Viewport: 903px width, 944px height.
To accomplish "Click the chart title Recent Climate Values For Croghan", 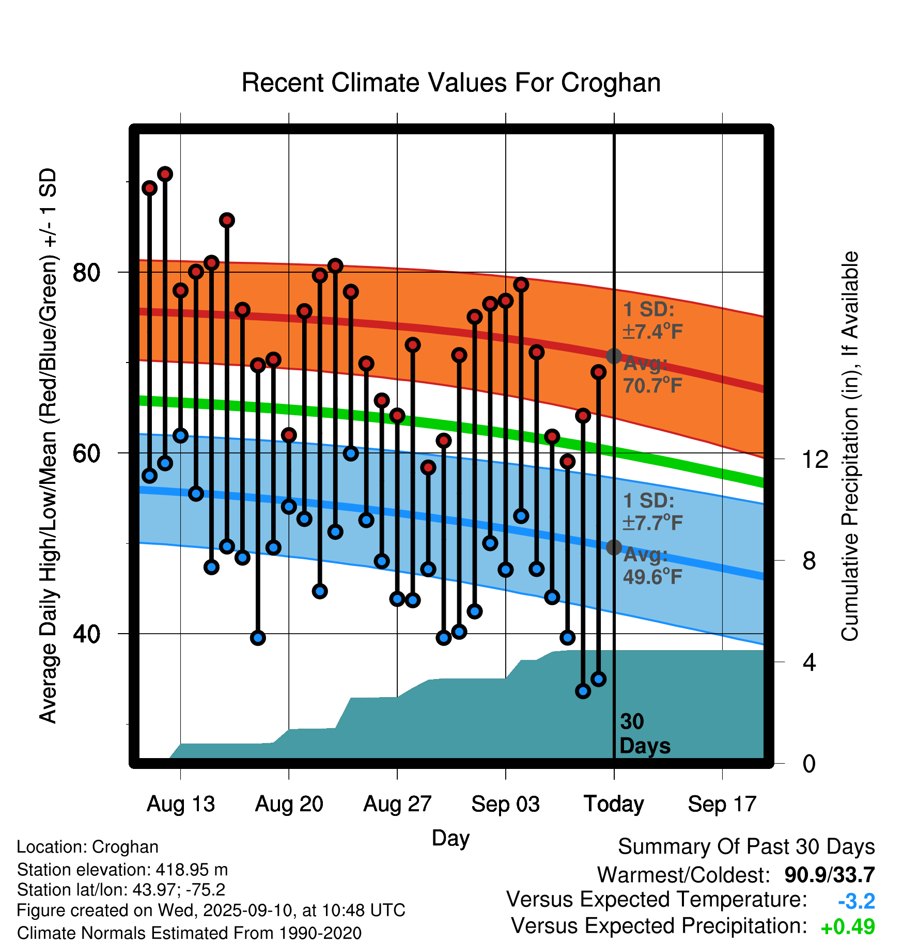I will [451, 83].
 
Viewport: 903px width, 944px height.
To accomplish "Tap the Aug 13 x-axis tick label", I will [180, 804].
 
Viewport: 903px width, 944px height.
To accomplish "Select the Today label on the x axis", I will [614, 804].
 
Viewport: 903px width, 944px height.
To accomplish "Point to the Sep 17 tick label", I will [722, 804].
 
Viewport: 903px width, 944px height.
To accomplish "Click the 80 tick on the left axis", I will [87, 272].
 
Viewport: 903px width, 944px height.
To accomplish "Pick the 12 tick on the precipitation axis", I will [815, 459].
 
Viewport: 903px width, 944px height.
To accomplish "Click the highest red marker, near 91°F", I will [165, 174].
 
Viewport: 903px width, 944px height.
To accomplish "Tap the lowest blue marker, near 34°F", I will [583, 691].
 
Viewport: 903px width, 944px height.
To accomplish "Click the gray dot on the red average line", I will [614, 356].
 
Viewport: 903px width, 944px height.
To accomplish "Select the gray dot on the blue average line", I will [614, 547].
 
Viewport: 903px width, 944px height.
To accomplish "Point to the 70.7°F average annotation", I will [652, 385].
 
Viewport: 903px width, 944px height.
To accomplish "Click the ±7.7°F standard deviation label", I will [652, 523].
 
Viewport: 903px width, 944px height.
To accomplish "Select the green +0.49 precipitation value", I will [848, 927].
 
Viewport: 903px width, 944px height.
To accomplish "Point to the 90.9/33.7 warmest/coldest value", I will [829, 875].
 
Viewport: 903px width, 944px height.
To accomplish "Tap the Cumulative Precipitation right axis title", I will [850, 446].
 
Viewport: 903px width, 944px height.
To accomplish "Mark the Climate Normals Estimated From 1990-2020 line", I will [189, 933].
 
